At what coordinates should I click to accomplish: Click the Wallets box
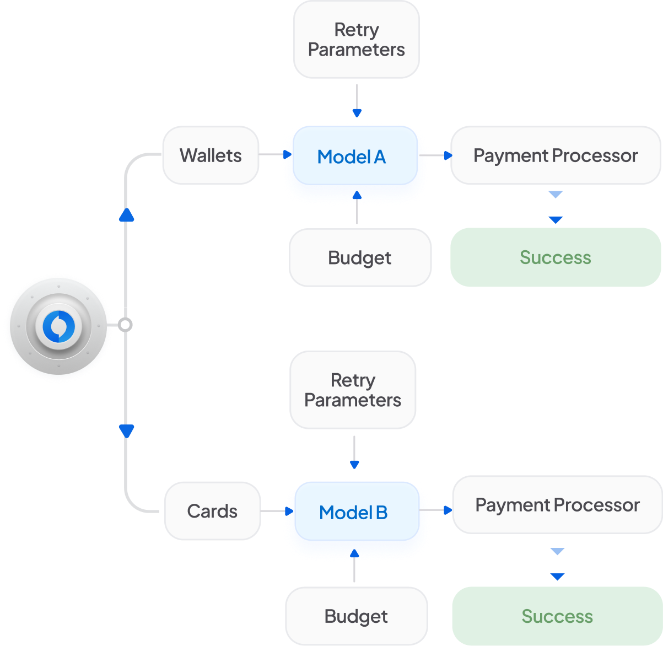pyautogui.click(x=211, y=155)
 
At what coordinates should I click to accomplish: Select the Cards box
pyautogui.click(x=212, y=511)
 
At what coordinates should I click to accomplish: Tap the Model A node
pyautogui.click(x=355, y=155)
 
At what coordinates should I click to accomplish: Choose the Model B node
pyautogui.click(x=357, y=511)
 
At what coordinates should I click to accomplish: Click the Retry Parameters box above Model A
pyautogui.click(x=357, y=40)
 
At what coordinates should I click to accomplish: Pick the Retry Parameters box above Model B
pyautogui.click(x=353, y=390)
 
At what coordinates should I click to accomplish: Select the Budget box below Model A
pyautogui.click(x=360, y=257)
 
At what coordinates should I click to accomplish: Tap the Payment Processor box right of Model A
pyautogui.click(x=556, y=155)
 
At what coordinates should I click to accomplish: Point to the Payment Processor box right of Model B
pyautogui.click(x=557, y=504)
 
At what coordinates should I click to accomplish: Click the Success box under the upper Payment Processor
pyautogui.click(x=556, y=257)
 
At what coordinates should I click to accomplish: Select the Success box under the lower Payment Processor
pyautogui.click(x=557, y=616)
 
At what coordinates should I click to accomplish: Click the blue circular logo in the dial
pyautogui.click(x=58, y=326)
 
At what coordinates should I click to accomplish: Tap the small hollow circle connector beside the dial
pyautogui.click(x=125, y=325)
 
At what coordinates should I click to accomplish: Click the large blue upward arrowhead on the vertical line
pyautogui.click(x=126, y=215)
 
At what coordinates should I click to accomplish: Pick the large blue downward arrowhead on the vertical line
pyautogui.click(x=126, y=431)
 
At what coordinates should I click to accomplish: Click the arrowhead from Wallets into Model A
pyautogui.click(x=287, y=154)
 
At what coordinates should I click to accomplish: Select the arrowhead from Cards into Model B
pyautogui.click(x=289, y=511)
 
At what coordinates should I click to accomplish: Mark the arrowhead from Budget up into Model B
pyautogui.click(x=354, y=553)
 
